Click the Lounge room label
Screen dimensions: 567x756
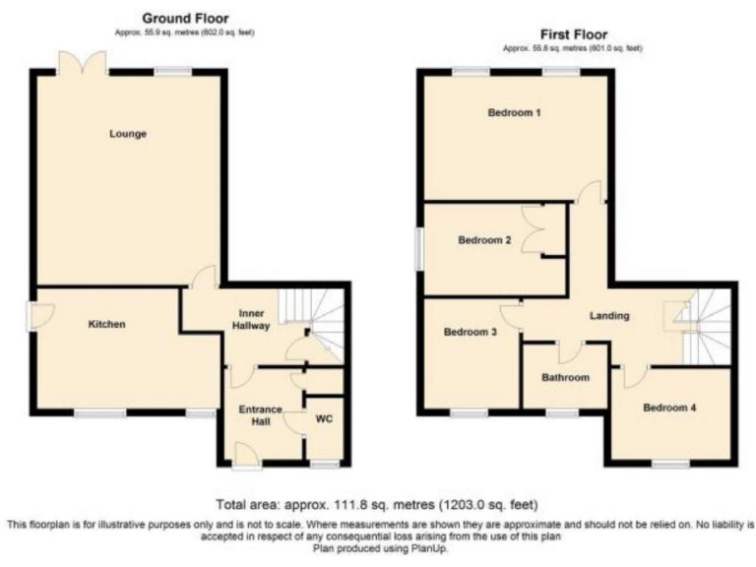click(x=128, y=134)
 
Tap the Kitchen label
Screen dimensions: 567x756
click(x=106, y=324)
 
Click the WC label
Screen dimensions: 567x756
click(x=325, y=417)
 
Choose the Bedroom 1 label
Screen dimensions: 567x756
click(x=514, y=113)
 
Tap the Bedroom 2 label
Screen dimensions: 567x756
click(x=484, y=239)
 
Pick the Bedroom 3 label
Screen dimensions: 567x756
click(x=470, y=333)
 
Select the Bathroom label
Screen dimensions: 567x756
click(x=565, y=378)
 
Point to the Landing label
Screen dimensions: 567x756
click(x=609, y=316)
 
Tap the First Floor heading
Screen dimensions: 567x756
click(x=572, y=33)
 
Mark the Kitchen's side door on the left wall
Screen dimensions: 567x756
click(x=33, y=316)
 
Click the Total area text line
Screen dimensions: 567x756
click(x=377, y=504)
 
